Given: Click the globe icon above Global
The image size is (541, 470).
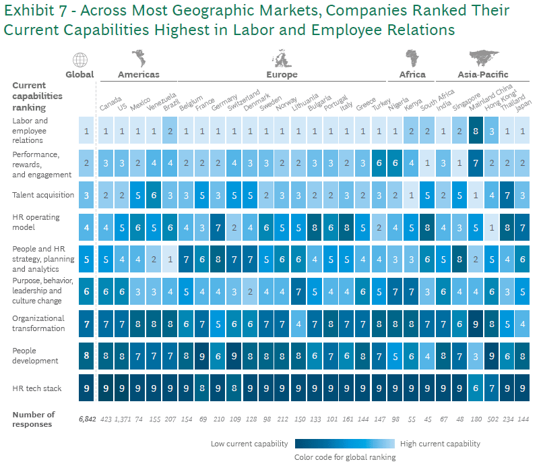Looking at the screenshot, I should [x=79, y=59].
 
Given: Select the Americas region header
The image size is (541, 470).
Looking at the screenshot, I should [x=139, y=75].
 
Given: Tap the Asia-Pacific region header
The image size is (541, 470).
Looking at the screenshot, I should [x=482, y=75].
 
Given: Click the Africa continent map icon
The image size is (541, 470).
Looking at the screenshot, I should [x=412, y=58].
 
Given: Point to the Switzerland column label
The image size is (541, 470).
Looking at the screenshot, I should [x=243, y=101].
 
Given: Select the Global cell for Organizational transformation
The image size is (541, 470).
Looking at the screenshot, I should [x=86, y=324].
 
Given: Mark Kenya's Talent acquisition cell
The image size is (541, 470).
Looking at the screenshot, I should [x=412, y=195].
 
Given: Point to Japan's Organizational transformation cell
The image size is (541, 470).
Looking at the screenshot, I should [x=523, y=324].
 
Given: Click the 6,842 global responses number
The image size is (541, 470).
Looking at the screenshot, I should [x=86, y=419].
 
